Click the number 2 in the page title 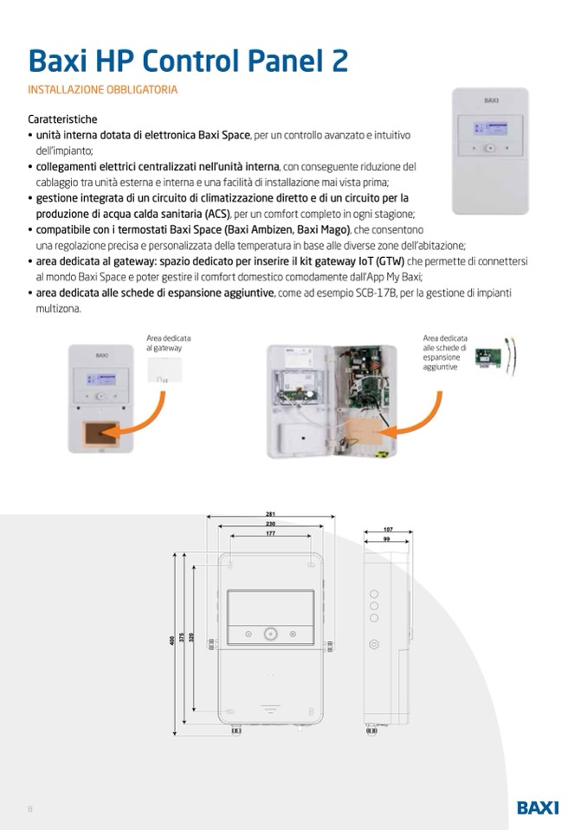point(338,60)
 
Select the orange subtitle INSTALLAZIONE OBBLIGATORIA point(104,89)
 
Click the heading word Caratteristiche point(62,119)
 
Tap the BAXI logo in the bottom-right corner point(538,807)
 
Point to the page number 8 point(30,809)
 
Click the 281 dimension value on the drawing point(271,515)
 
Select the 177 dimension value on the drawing point(271,534)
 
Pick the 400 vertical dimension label point(172,640)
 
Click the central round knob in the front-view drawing point(271,634)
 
